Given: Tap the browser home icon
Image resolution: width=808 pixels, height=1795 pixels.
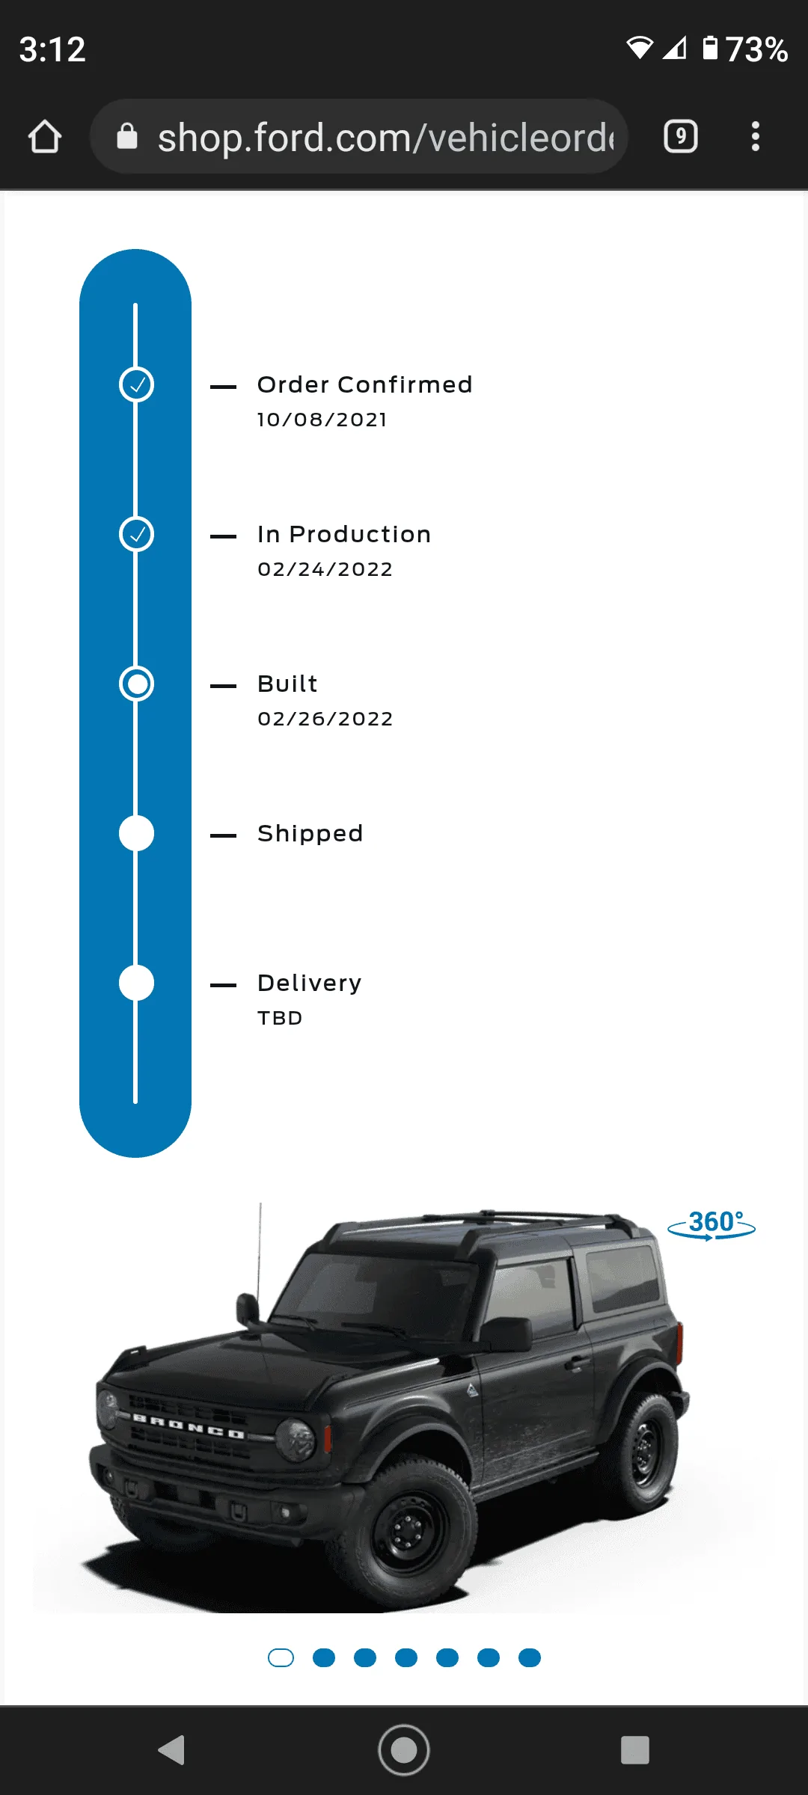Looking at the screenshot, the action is (45, 137).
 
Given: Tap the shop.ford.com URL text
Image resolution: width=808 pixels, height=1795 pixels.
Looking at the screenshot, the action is (386, 138).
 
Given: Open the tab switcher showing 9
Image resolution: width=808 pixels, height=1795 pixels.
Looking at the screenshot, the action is (681, 137).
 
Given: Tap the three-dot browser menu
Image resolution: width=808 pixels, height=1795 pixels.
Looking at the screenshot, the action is (756, 137).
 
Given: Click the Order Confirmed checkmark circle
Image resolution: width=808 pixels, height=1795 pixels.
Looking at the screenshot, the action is (136, 384).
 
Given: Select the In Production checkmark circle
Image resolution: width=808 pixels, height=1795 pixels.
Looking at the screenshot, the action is (136, 534).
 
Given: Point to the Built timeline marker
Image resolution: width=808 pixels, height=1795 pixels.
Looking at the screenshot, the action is (136, 684).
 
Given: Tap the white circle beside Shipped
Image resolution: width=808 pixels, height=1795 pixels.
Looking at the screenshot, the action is (136, 833).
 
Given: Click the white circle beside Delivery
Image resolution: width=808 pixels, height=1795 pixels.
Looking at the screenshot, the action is (136, 983).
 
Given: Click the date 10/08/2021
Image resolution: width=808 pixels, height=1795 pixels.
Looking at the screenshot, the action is (322, 420).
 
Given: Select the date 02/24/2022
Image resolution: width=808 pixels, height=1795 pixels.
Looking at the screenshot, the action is (325, 569).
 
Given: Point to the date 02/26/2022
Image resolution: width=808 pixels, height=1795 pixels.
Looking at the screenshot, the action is (325, 719).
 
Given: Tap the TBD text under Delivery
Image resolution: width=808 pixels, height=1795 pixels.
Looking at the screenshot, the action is (280, 1018).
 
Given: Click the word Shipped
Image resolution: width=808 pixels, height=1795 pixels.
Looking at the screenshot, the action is (310, 833).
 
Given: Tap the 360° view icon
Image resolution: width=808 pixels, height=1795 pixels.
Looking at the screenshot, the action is (711, 1224).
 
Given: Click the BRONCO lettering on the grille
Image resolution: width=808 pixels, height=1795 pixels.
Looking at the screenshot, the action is (189, 1426).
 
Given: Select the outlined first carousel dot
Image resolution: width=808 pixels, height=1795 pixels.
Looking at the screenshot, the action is (281, 1658).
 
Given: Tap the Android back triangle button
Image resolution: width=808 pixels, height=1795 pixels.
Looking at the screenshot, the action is (172, 1750).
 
